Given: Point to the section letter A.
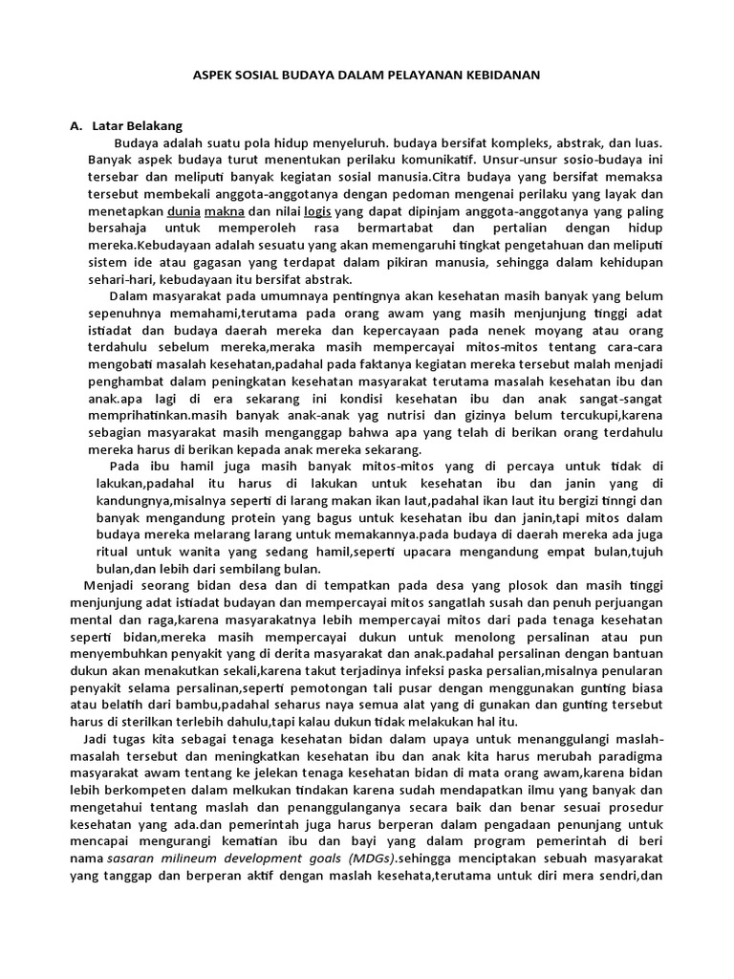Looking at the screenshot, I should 76,125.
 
